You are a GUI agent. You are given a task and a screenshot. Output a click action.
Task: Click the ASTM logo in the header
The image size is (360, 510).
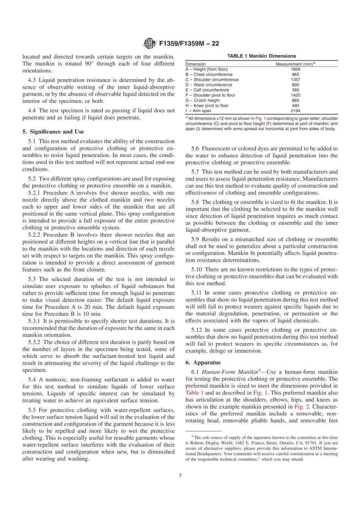coord(150,44)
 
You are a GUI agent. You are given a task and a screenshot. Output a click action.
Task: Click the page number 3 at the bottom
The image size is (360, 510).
coord(180,475)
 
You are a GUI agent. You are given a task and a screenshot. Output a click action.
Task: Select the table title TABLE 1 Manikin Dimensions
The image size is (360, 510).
coord(261,56)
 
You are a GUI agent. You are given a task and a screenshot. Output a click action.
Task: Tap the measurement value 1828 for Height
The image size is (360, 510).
coord(296,69)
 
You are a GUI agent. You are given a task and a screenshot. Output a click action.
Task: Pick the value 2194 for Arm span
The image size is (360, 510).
coord(296,111)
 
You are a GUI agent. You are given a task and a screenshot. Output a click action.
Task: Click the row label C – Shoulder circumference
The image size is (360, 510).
coord(212,80)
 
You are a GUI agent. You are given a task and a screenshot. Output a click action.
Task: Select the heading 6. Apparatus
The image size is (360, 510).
coord(203,362)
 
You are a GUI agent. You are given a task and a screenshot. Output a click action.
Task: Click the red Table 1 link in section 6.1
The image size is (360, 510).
coord(194,393)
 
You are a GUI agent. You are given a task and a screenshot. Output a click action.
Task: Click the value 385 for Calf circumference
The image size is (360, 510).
coord(296,90)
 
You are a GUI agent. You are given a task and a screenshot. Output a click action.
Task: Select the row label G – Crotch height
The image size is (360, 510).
coord(202,100)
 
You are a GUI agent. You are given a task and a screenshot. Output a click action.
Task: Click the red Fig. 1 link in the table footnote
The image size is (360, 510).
coord(260,118)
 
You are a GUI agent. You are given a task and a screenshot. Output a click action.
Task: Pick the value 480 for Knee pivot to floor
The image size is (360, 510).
coord(296,106)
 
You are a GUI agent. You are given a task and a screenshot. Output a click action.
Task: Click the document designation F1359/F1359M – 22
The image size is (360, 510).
coord(189,44)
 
